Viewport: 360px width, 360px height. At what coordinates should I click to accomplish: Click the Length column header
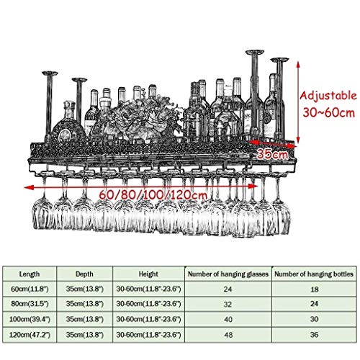[30, 274]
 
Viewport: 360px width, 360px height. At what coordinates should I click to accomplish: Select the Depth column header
[84, 274]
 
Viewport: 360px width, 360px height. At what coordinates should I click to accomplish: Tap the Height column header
[148, 274]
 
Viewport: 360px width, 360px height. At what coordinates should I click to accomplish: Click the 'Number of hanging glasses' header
[228, 274]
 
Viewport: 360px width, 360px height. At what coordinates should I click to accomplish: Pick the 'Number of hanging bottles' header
[314, 274]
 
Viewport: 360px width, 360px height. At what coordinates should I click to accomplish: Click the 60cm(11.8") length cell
[30, 289]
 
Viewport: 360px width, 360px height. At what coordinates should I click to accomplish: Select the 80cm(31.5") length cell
[30, 304]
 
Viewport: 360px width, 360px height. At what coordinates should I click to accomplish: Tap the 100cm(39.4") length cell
[30, 319]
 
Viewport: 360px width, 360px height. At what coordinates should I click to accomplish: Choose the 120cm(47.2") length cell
[30, 335]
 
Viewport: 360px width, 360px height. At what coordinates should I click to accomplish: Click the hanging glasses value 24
[228, 289]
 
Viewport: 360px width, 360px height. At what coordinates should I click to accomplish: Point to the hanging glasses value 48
[228, 335]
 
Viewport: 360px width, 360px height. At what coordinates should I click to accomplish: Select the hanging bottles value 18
[315, 289]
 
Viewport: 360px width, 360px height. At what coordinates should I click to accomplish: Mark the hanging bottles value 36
[315, 335]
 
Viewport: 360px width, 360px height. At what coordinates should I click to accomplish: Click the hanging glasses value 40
[228, 320]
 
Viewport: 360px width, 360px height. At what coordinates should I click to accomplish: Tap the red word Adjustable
[328, 96]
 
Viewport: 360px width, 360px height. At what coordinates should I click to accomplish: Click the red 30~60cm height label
[328, 112]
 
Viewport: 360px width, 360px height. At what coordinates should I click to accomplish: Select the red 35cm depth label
[272, 154]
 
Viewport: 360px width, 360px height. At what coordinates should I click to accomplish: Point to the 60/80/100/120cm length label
[153, 194]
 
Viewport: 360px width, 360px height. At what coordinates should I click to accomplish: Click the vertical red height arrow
[298, 102]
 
